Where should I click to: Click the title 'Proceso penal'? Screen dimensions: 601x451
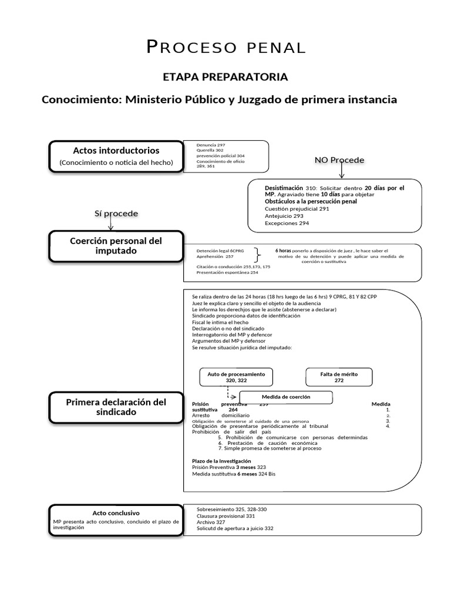coord(225,48)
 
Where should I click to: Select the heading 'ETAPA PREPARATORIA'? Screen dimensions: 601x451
coord(225,77)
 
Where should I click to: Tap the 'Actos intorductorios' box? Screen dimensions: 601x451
coord(116,156)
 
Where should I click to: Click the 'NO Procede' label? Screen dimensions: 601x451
coord(339,160)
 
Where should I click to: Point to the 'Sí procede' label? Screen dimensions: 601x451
coord(116,213)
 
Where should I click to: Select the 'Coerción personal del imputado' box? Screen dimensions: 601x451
coord(116,246)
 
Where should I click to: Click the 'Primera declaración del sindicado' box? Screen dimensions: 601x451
coord(116,407)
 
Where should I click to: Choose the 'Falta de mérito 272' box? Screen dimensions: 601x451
coord(339,377)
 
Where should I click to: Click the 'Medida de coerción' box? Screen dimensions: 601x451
coord(287,397)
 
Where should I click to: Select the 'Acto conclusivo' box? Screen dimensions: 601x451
coord(116,519)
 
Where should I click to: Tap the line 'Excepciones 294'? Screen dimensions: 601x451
coord(287,223)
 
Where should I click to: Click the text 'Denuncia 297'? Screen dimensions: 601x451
coord(211,144)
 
